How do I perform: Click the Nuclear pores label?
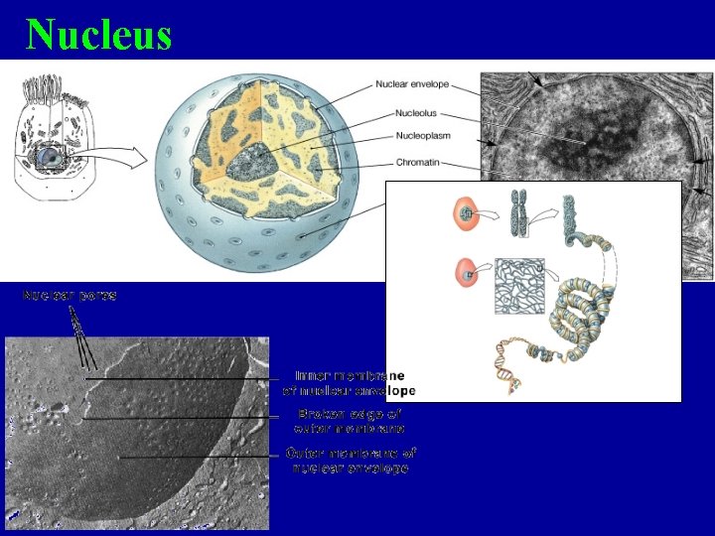point(70,296)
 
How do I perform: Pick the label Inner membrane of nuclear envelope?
point(350,383)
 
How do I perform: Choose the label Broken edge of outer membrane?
point(350,421)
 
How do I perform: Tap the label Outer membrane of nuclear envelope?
point(350,460)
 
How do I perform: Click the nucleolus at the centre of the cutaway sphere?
point(254,158)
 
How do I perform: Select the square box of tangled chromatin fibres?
point(518,286)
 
